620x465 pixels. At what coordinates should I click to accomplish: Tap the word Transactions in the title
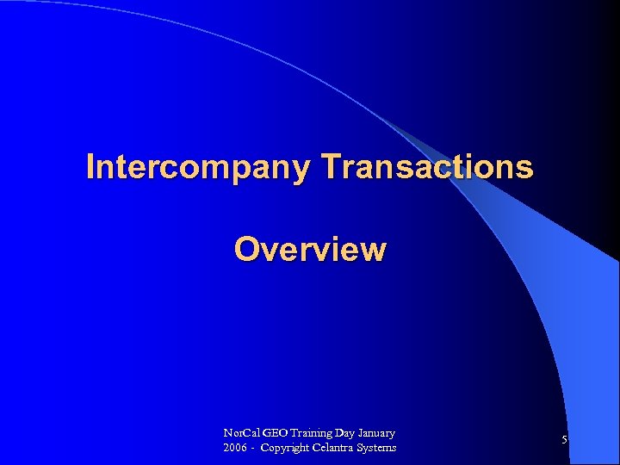point(427,167)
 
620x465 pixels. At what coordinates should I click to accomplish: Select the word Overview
point(310,249)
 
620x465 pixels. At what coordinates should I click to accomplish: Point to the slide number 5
point(564,440)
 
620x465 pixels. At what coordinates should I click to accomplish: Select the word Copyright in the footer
point(287,448)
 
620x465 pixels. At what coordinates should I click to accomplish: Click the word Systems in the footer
point(378,448)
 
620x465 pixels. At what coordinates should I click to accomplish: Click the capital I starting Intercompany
point(90,167)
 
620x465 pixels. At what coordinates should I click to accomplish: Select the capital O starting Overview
point(246,249)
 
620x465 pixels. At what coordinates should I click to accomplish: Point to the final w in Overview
point(374,250)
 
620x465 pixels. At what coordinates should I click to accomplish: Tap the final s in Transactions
point(525,168)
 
